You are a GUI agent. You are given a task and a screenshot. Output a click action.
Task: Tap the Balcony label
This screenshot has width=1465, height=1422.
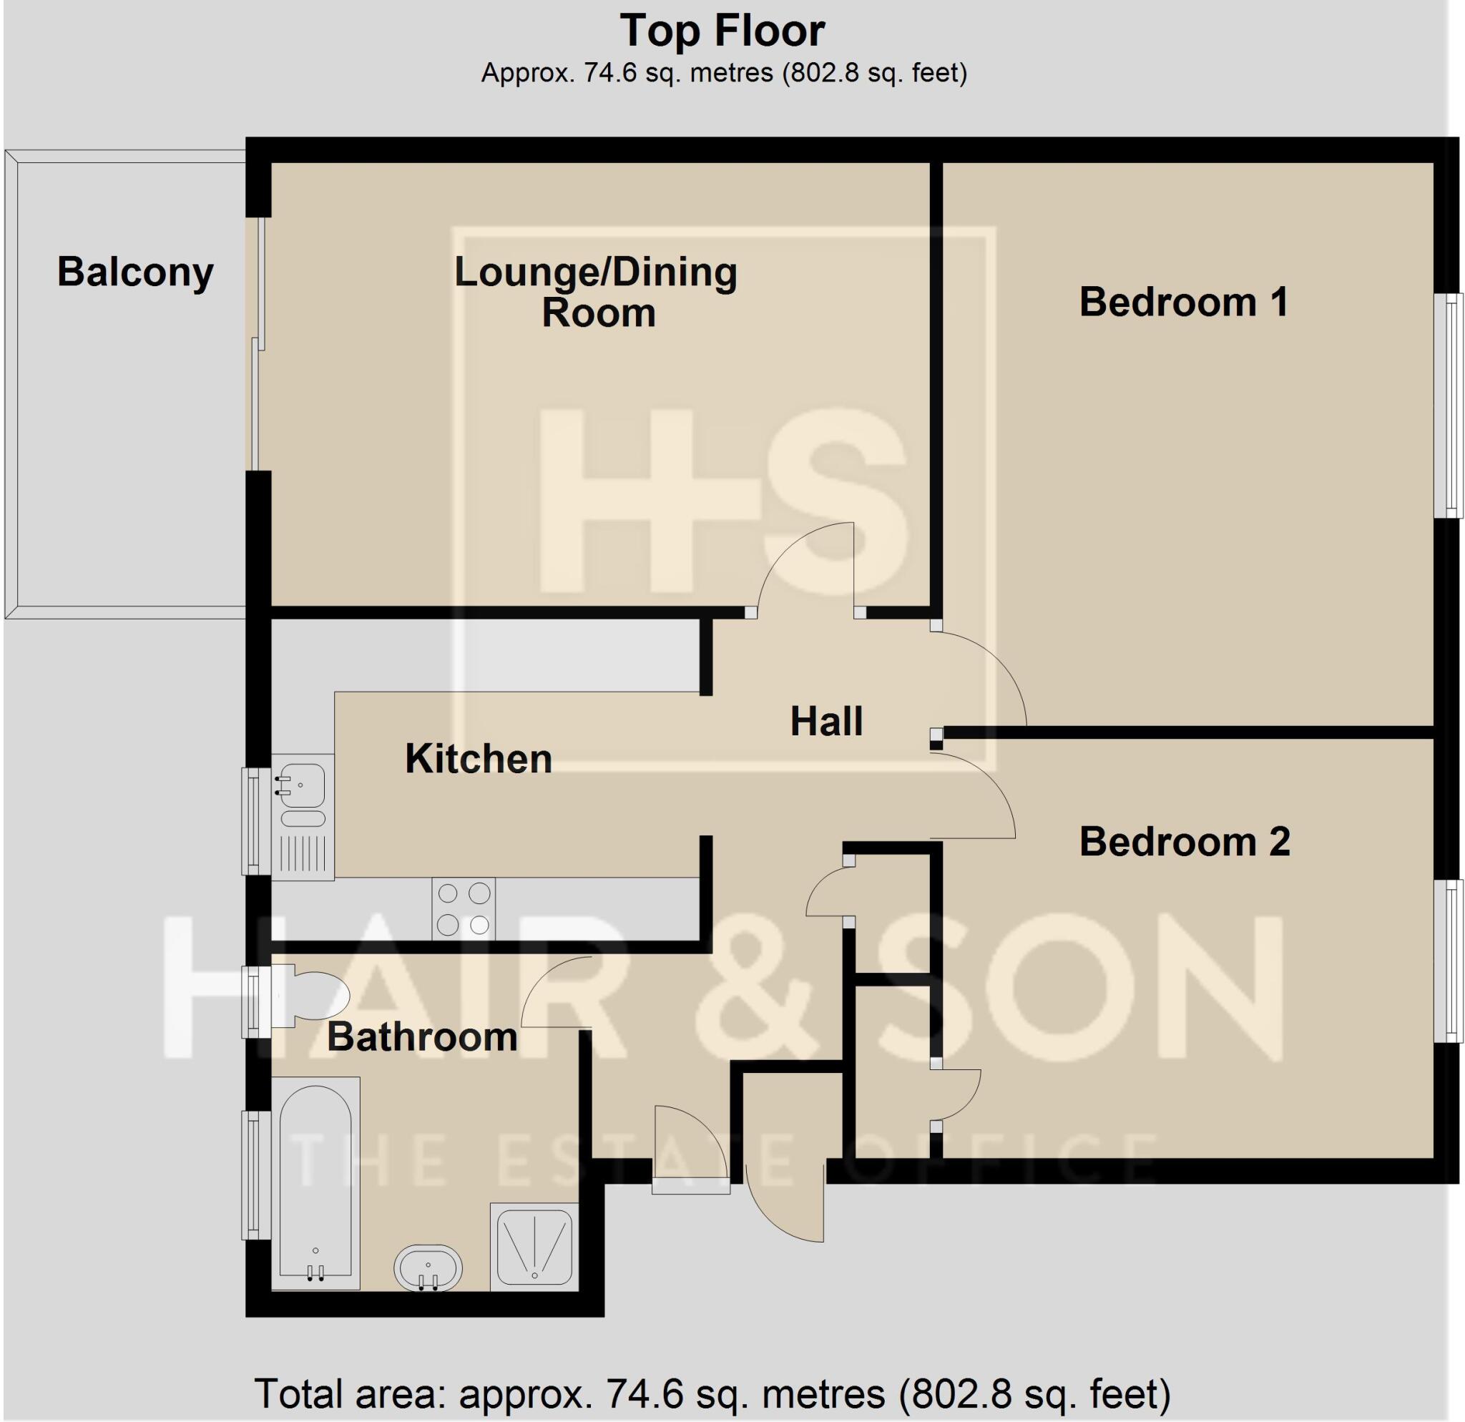[135, 272]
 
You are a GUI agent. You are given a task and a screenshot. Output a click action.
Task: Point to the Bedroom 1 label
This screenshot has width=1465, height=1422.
[1184, 303]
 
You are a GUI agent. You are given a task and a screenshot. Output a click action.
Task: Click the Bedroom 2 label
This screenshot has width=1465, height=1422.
[1185, 842]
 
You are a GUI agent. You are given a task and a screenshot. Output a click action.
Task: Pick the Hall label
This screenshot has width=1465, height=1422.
[826, 722]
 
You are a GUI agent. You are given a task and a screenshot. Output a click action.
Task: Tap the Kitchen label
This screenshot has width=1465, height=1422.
[479, 759]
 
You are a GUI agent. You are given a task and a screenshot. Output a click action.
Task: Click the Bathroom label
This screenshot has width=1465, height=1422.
[422, 1037]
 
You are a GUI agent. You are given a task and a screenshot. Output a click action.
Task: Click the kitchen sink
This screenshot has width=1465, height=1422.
[302, 790]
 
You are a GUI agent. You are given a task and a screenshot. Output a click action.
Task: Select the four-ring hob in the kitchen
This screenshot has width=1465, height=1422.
[464, 908]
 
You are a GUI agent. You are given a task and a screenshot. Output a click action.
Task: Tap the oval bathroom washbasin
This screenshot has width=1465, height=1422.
[428, 1268]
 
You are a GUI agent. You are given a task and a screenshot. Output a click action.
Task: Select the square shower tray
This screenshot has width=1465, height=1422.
[534, 1245]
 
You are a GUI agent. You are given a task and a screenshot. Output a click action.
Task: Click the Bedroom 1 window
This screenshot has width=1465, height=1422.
[1451, 406]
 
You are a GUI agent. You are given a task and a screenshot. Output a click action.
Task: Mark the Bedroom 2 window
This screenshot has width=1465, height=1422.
[1451, 961]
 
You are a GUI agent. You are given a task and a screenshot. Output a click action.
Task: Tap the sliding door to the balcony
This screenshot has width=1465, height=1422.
[258, 345]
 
